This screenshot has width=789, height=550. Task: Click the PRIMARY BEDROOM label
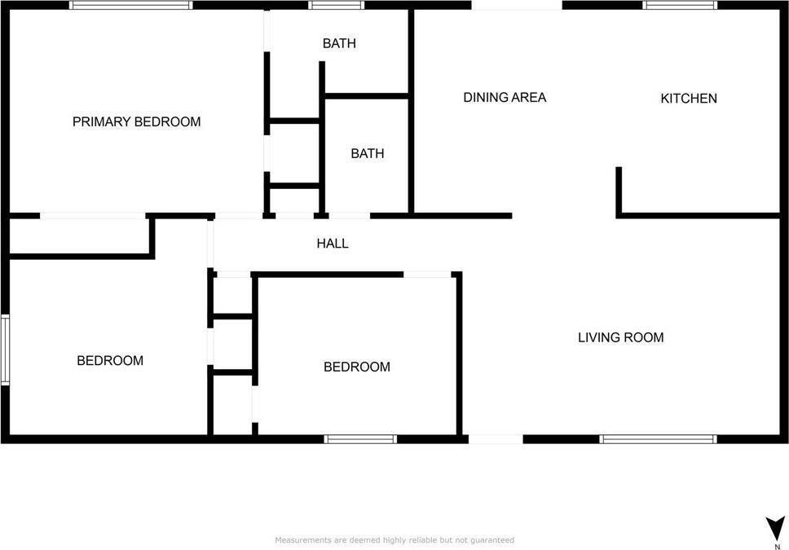pos(136,121)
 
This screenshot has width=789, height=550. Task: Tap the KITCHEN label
pos(689,98)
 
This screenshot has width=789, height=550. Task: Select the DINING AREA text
pos(505,97)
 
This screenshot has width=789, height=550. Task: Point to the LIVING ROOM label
pos(620,337)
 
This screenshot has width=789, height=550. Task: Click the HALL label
pos(333,244)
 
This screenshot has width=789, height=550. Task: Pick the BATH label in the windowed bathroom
pos(339,43)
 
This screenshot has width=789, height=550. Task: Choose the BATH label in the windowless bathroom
pos(368,153)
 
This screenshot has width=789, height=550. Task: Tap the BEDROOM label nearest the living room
pos(357,367)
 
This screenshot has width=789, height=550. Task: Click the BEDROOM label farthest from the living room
pos(110,360)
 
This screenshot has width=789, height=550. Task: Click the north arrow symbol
pos(775,529)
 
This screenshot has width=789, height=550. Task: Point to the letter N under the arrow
pos(778,547)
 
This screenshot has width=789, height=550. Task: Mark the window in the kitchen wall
pos(681,5)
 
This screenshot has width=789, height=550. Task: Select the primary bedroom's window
pos(131,5)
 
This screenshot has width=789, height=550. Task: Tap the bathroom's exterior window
pos(336,5)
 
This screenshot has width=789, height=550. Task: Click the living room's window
pos(658,439)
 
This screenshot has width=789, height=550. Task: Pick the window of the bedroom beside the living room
pos(360,439)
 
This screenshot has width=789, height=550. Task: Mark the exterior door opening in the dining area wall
pos(517,5)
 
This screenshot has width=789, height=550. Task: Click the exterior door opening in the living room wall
pos(496,439)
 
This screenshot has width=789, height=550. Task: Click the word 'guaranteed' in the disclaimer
pos(492,540)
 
